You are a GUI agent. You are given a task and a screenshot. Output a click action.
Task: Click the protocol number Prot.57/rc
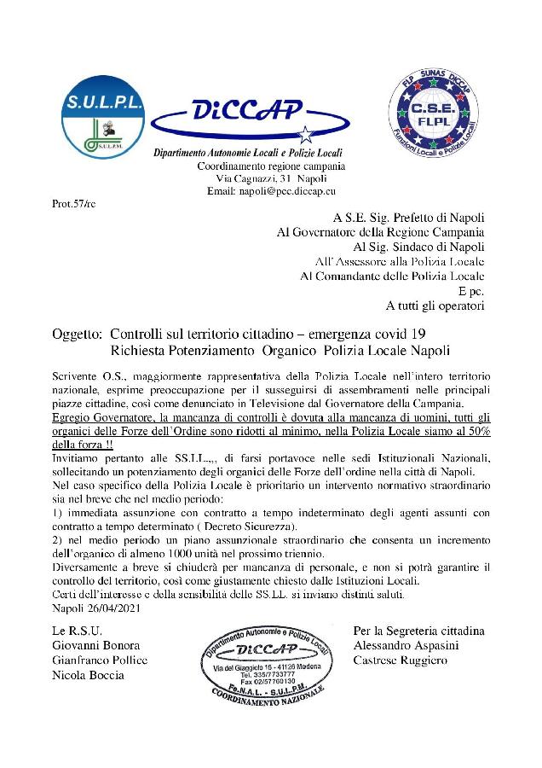pos(74,205)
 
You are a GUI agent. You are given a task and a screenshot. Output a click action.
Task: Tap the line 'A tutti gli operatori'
pos(435,305)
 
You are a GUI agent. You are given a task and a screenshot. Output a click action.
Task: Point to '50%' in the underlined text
pos(476,432)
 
